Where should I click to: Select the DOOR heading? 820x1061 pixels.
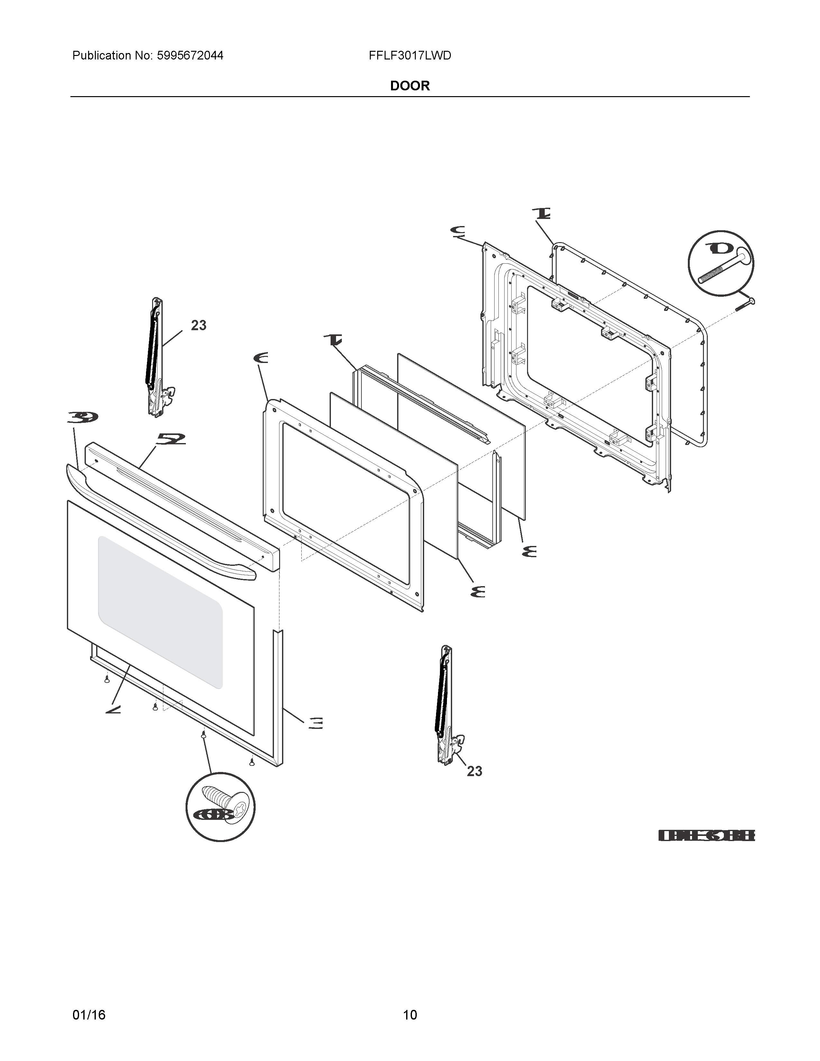(409, 86)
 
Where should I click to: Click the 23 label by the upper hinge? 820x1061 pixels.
(198, 325)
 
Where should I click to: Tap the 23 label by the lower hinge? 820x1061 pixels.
(474, 771)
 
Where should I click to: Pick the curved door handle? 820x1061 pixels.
(160, 520)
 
